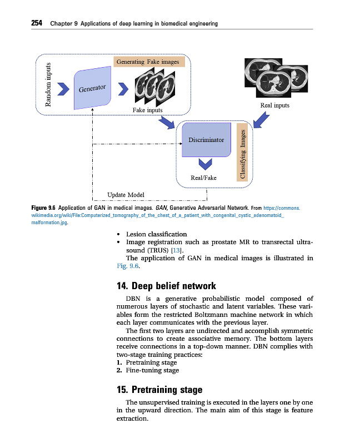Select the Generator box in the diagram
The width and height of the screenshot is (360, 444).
[x=93, y=88]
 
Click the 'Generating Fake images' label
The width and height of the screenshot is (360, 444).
[x=148, y=62]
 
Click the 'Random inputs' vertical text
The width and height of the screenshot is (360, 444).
[x=49, y=84]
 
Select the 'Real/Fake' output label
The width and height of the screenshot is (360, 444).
[x=203, y=178]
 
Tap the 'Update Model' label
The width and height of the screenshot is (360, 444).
[x=126, y=195]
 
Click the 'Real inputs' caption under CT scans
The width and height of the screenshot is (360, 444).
[x=274, y=105]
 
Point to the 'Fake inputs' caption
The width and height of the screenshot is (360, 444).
[x=148, y=110]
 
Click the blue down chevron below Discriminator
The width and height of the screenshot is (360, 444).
[x=206, y=163]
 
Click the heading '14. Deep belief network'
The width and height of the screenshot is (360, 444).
[x=166, y=286]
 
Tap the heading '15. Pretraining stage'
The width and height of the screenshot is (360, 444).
[x=159, y=390]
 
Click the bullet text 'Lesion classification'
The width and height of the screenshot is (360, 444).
[x=157, y=234]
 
